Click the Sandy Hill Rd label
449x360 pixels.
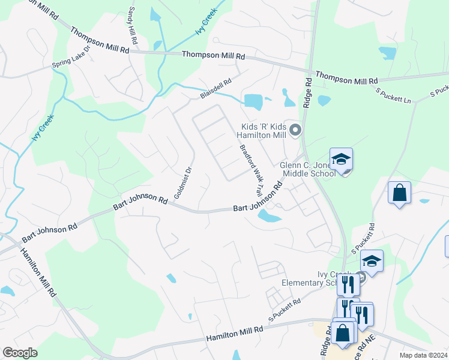click(133, 27)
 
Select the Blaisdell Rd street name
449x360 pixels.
click(215, 90)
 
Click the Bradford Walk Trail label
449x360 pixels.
click(251, 170)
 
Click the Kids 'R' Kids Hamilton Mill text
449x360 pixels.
click(263, 131)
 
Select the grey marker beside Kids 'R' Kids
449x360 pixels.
click(295, 129)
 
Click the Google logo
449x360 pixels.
click(20, 353)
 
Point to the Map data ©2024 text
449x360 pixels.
click(423, 355)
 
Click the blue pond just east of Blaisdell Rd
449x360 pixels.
click(253, 101)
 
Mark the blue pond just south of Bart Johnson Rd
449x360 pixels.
click(268, 217)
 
